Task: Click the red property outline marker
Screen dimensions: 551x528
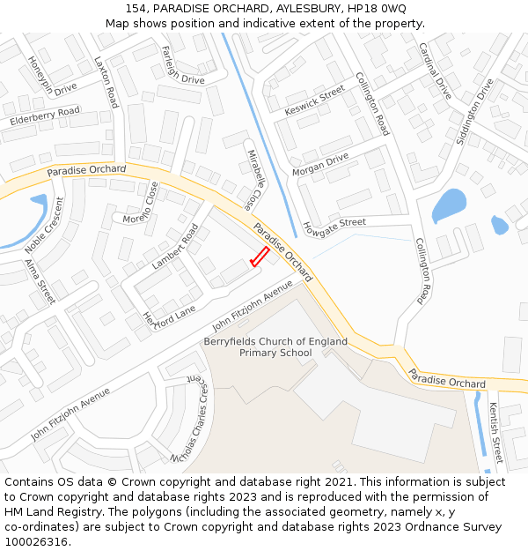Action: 259,257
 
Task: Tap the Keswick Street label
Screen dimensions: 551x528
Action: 315,102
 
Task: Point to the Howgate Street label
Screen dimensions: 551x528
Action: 334,227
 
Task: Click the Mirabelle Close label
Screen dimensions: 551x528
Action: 253,179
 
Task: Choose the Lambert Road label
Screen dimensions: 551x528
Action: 175,247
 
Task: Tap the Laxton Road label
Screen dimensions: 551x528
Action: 106,83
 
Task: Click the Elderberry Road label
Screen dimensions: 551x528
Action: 45,115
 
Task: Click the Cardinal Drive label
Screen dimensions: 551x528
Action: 434,71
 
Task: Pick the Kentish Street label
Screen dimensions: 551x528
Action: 495,433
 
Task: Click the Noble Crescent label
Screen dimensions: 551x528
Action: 45,226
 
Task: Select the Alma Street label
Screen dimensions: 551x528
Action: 40,281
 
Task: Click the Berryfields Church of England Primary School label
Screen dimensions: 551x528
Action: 275,346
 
